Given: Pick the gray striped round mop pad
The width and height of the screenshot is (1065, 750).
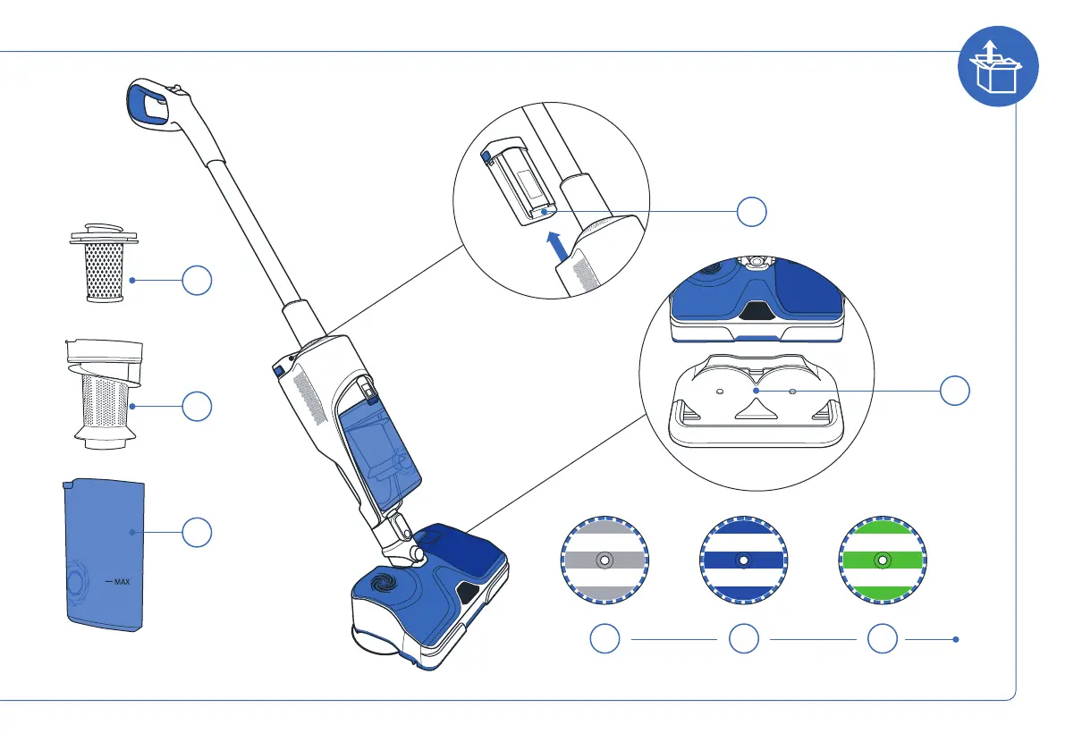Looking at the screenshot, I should pos(604,560).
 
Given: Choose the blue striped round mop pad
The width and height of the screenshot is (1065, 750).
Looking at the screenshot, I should pos(743,560).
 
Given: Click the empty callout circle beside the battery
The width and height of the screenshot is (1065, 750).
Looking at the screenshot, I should pos(752,211).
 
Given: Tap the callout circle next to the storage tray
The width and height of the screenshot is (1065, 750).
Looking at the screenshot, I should pos(955,391).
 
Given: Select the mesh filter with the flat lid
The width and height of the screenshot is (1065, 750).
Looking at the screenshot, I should pos(105,263).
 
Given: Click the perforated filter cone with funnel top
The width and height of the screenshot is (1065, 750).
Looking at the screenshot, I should pos(106,393).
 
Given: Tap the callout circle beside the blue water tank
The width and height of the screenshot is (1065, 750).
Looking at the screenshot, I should pos(197,533).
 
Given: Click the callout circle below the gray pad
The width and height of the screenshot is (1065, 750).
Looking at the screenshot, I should pos(605,639).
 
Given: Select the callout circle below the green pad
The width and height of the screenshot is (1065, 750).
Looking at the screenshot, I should pos(883,639).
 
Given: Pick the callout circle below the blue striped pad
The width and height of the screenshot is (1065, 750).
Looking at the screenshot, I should pos(744,639).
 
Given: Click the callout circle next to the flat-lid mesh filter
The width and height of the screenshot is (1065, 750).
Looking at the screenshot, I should pos(197,281).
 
